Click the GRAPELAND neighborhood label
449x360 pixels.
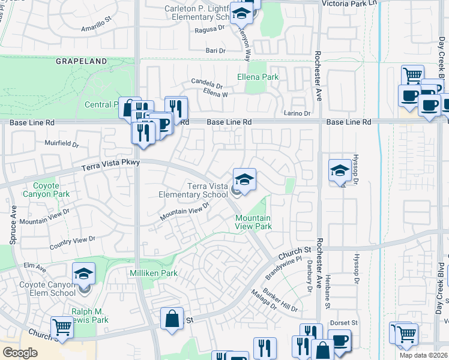point(82,61)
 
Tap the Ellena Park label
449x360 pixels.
point(258,77)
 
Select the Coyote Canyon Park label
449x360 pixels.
point(46,190)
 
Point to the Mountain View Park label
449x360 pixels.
point(253,222)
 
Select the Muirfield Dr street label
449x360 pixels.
point(62,144)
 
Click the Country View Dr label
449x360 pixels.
point(72,242)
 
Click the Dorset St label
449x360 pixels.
point(343,322)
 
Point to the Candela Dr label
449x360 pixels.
point(206,83)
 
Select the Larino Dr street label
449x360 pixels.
point(297,113)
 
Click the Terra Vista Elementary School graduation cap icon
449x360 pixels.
point(244,178)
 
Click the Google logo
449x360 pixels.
point(20,353)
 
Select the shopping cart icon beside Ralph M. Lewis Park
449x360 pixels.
point(62,327)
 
